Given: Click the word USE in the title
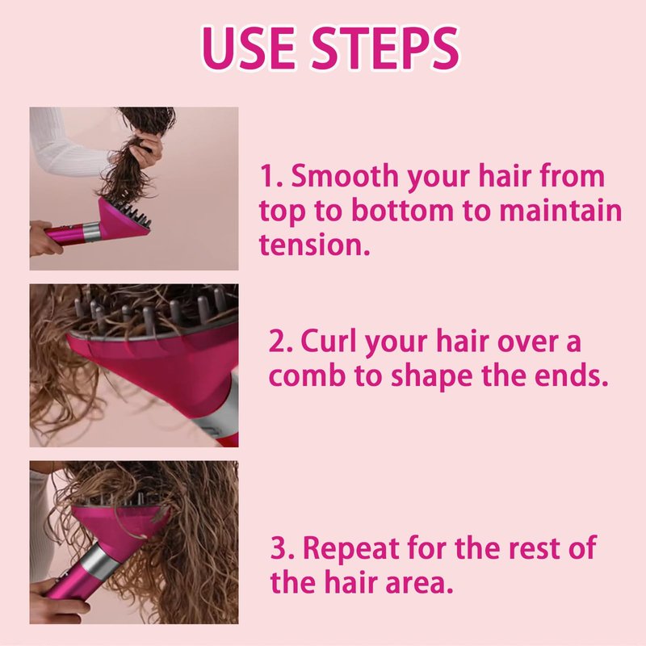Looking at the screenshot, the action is coord(250,48).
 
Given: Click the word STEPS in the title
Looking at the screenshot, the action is coord(384,48).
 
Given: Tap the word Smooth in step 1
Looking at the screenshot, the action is coord(345,175).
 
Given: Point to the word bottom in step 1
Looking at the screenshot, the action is coord(402,210).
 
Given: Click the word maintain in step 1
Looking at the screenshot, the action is coord(560,210).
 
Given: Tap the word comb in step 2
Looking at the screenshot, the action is coord(307,375).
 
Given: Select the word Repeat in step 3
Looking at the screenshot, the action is coord(352,548).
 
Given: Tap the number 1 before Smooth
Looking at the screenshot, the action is coord(267,176).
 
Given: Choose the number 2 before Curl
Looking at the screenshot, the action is coord(276,342).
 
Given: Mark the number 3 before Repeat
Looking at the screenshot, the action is coord(279,548).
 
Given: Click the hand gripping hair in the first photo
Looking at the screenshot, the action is coord(149,146).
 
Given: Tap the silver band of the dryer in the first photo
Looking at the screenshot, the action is coord(91,232).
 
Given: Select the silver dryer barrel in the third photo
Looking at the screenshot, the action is coord(94,560).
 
